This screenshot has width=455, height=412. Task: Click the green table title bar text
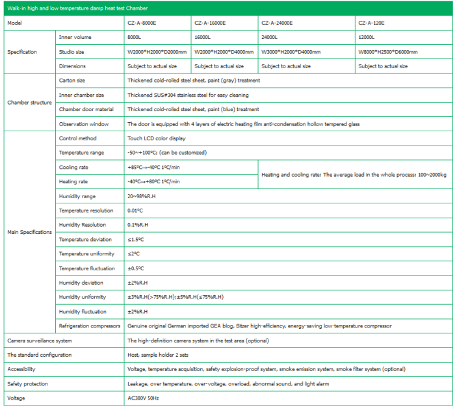pyautogui.click(x=77, y=8)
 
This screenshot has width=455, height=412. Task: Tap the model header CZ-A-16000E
pyautogui.click(x=210, y=23)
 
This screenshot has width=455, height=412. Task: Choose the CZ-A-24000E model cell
pyautogui.click(x=276, y=23)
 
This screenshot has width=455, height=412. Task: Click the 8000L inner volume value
pyautogui.click(x=135, y=37)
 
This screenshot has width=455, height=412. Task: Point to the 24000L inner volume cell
pyautogui.click(x=268, y=37)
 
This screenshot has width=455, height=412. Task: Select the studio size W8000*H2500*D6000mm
pyautogui.click(x=388, y=51)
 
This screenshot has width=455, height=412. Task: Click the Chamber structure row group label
pyautogui.click(x=29, y=102)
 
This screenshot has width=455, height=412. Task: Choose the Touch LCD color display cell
pyautogui.click(x=157, y=138)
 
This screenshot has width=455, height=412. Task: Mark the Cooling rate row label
pyautogui.click(x=73, y=167)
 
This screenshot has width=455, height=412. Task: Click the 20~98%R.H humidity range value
pyautogui.click(x=142, y=196)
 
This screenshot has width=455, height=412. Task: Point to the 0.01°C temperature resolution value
pyautogui.click(x=135, y=211)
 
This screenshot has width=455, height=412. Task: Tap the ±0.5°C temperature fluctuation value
pyautogui.click(x=136, y=268)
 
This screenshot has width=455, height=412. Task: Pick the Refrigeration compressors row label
pyautogui.click(x=90, y=326)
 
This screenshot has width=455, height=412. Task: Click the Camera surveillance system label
pyautogui.click(x=40, y=340)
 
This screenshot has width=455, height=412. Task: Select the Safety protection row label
pyautogui.click(x=27, y=383)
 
